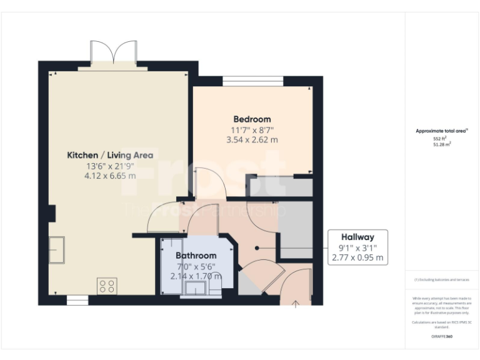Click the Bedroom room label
[252, 119]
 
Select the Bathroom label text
[196, 256]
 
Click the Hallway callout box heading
[357, 237]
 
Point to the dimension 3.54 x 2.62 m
[252, 140]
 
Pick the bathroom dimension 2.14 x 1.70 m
[196, 276]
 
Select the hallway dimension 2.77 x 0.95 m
[357, 257]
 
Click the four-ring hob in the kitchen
[107, 286]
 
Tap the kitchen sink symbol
[57, 250]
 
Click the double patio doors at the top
[113, 52]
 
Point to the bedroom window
[252, 81]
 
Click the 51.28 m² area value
[442, 144]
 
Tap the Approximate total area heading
[442, 131]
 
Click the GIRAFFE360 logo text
[442, 336]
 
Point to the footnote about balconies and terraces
[442, 280]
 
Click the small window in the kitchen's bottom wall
[77, 301]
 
